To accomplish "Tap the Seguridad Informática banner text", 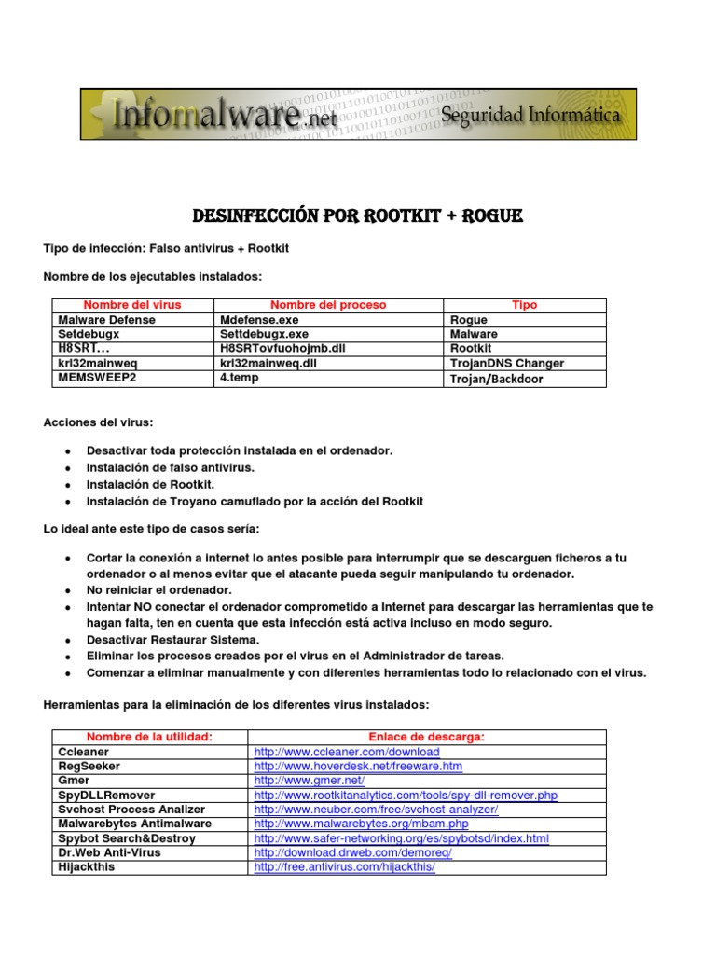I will pyautogui.click(x=529, y=116).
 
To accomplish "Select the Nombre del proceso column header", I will pyautogui.click(x=328, y=305).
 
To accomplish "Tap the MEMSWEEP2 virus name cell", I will pyautogui.click(x=97, y=378).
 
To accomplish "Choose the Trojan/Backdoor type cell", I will pyautogui.click(x=496, y=379).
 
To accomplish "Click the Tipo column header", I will pyautogui.click(x=525, y=305).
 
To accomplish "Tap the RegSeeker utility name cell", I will pyautogui.click(x=89, y=767).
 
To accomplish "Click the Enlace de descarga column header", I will pyautogui.click(x=427, y=737).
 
